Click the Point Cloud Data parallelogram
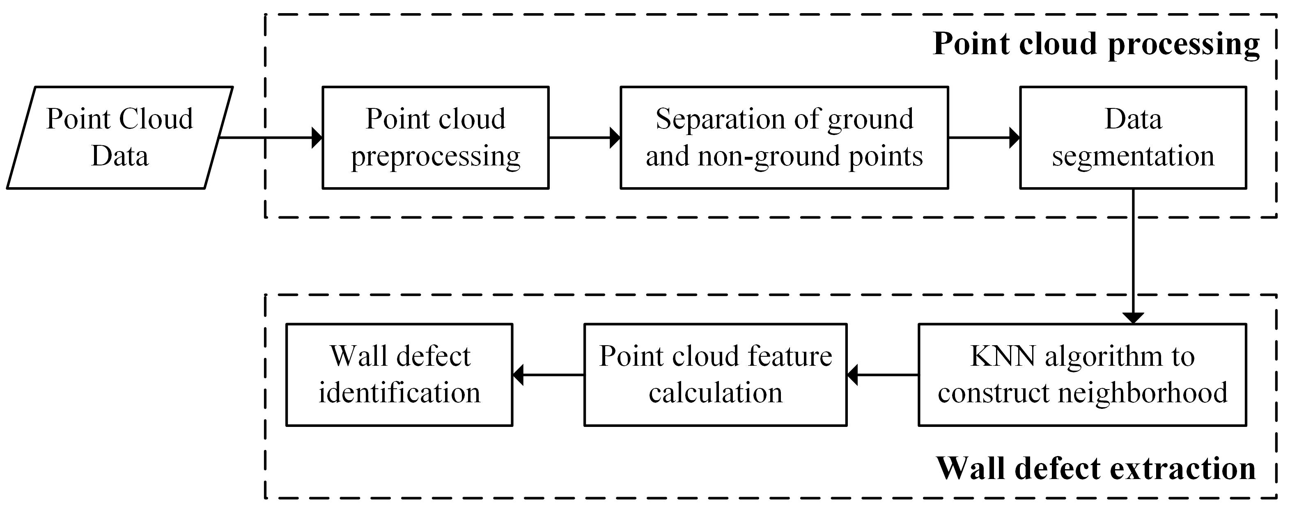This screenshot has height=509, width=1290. pos(120,137)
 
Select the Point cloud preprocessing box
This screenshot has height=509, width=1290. pos(435,137)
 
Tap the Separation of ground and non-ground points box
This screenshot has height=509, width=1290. pos(784,137)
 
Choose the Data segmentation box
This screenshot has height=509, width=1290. pos(1133,137)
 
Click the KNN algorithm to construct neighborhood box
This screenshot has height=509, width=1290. pos(1082,374)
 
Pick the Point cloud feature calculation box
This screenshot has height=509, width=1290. pos(715,374)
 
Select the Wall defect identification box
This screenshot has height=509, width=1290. pos(399,374)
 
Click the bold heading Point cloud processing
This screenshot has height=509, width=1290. pos(1096,44)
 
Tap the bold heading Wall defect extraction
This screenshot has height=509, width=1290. pos(1096,468)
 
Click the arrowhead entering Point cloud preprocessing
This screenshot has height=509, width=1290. pos(317,138)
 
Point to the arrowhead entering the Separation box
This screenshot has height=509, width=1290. pos(615,138)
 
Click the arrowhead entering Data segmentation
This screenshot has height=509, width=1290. pos(1015,138)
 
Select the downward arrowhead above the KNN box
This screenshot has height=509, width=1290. pos(1133,318)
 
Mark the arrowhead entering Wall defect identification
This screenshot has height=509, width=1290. pos(518,375)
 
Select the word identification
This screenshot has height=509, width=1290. pos(399,393)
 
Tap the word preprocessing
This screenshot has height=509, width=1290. pos(435,156)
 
